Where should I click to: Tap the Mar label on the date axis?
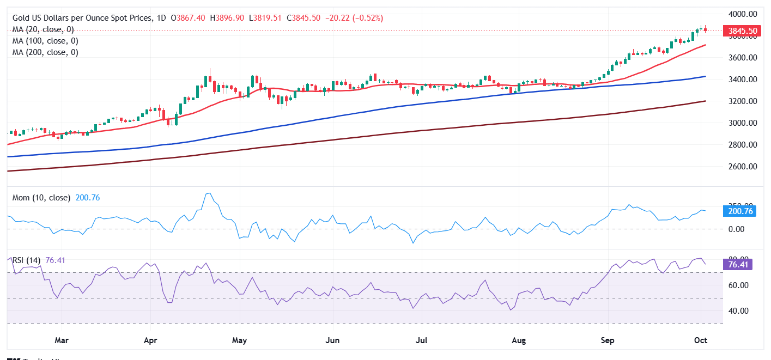pos(62,341)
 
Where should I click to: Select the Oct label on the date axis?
pos(701,341)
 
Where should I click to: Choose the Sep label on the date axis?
pos(608,341)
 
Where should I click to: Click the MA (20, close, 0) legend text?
pos(43,29)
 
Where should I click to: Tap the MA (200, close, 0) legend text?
pos(45,52)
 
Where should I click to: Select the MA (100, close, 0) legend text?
pos(45,41)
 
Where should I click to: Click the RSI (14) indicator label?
pos(26,260)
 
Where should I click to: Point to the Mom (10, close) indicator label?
pos(41,198)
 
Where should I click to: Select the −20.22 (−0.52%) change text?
pos(354,18)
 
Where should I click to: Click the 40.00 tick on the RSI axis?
pos(739,311)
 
